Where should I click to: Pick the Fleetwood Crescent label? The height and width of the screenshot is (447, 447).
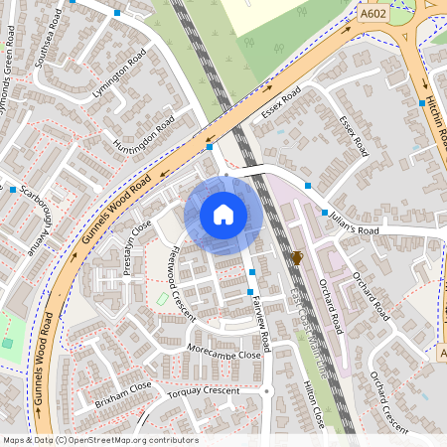click(179, 282)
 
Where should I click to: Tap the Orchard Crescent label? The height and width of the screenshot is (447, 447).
click(388, 402)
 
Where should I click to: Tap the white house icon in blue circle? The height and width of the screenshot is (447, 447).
click(223, 215)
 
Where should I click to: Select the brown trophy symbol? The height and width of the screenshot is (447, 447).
click(296, 258)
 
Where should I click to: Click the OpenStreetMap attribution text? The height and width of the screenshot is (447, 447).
click(99, 440)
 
